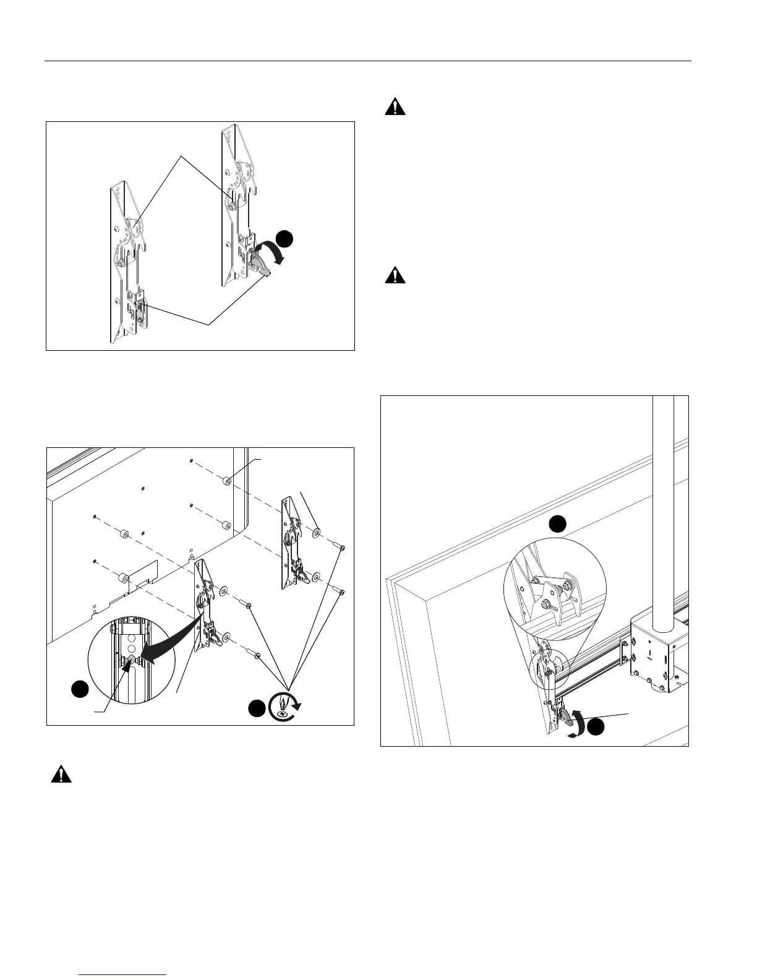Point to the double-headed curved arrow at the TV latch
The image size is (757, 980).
[578, 723]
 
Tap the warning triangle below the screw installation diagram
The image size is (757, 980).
[61, 774]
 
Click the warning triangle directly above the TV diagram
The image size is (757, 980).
[395, 275]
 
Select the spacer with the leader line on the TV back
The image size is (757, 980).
[228, 480]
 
